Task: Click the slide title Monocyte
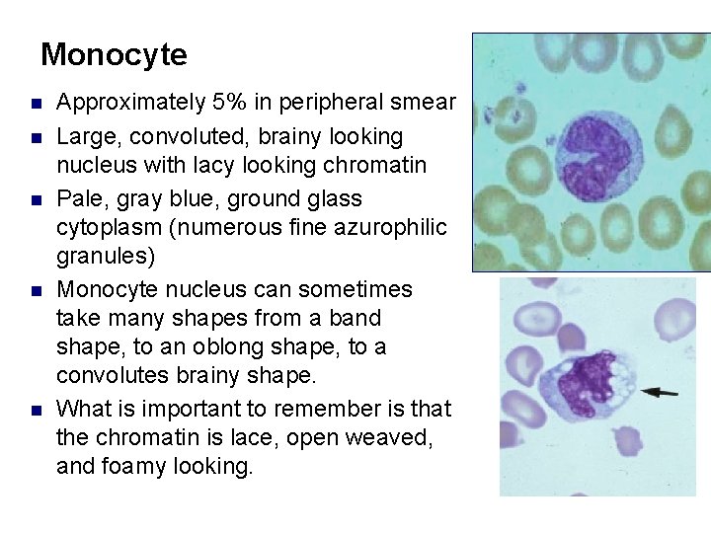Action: pos(114,54)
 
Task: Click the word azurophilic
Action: pos(396,228)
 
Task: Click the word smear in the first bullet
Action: pos(428,103)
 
